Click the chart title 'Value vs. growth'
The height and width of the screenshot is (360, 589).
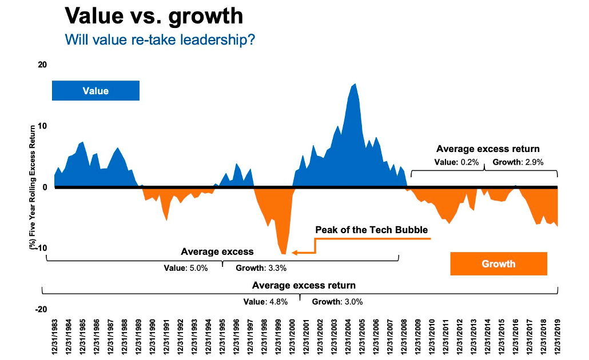pyautogui.click(x=154, y=17)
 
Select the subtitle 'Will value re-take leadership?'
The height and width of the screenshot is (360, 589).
pyautogui.click(x=160, y=41)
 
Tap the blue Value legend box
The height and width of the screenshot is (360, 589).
pyautogui.click(x=95, y=91)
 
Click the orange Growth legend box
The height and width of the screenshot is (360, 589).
pyautogui.click(x=498, y=263)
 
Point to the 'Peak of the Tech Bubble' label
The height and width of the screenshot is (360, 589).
pyautogui.click(x=371, y=230)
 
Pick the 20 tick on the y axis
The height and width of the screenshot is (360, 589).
pyautogui.click(x=42, y=65)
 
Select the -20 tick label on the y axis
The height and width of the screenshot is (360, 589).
pyautogui.click(x=41, y=309)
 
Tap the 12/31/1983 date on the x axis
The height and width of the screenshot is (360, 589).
pyautogui.click(x=55, y=337)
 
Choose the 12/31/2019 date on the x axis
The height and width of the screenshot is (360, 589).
pyautogui.click(x=557, y=337)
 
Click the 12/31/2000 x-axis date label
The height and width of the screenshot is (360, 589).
pyautogui.click(x=292, y=337)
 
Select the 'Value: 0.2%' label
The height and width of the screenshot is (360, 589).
pyautogui.click(x=456, y=162)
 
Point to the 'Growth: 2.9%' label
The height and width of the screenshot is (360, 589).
pyautogui.click(x=518, y=162)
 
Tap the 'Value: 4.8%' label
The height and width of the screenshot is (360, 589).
pyautogui.click(x=265, y=302)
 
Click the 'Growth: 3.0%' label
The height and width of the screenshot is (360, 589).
pyautogui.click(x=337, y=302)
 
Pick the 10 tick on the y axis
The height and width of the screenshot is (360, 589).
pyautogui.click(x=42, y=126)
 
